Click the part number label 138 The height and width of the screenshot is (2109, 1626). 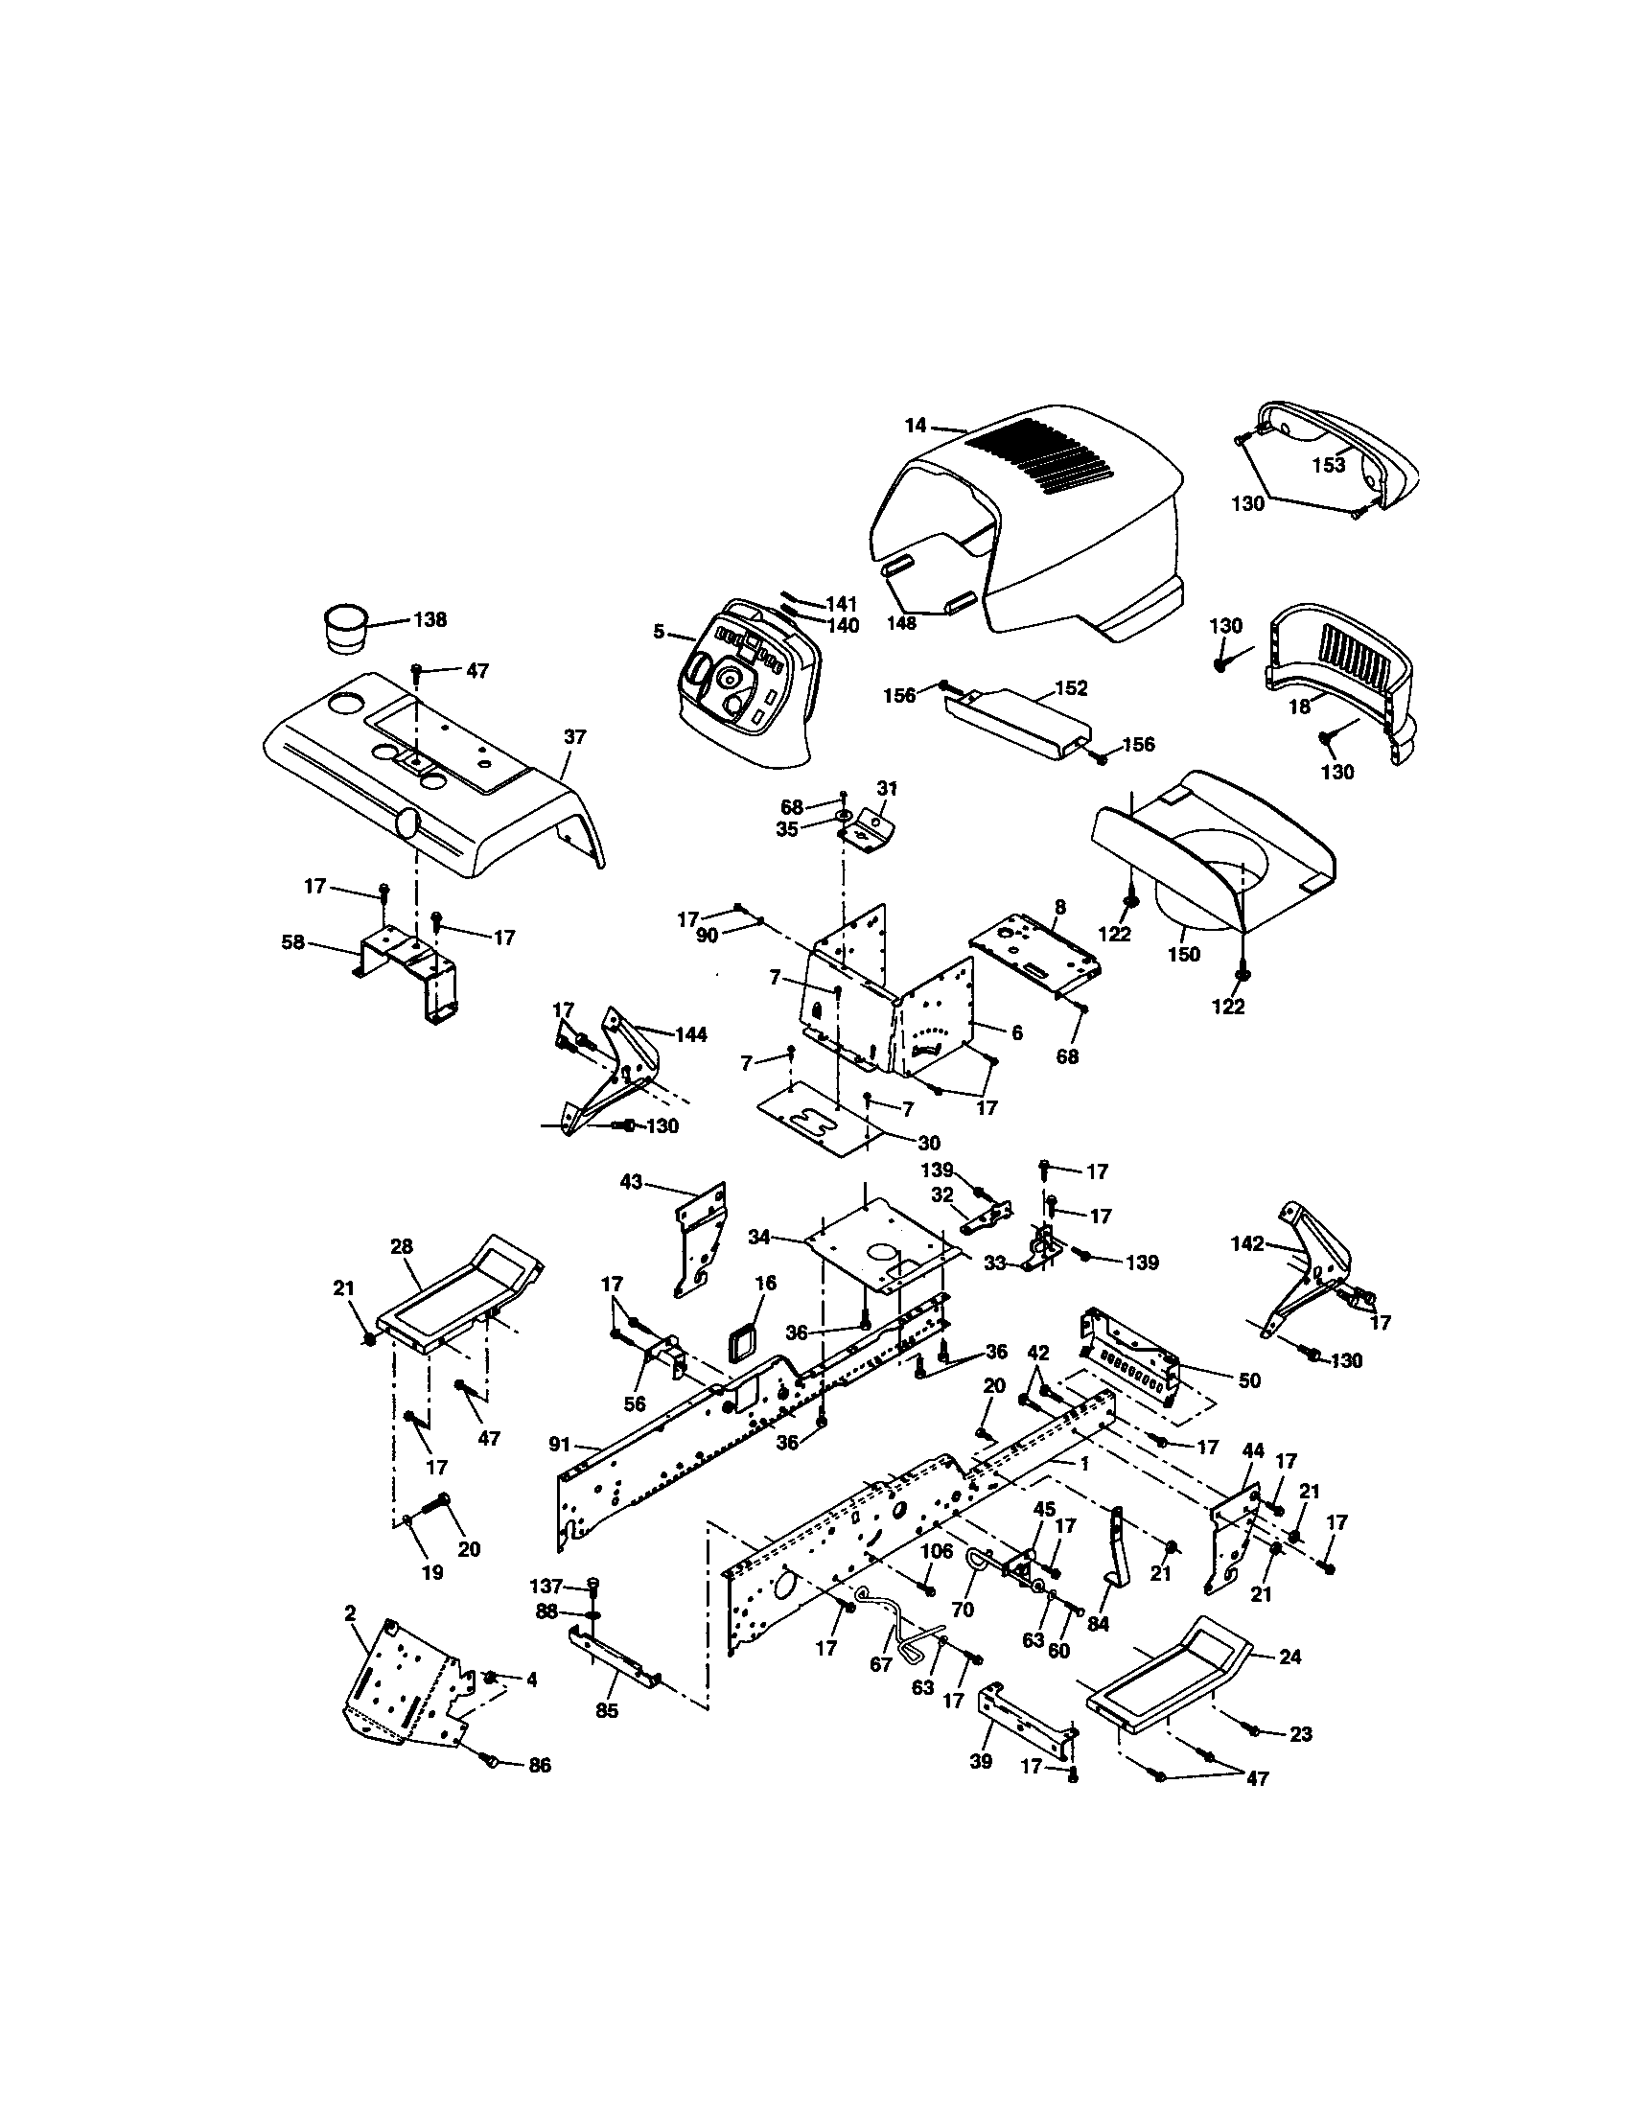[430, 620]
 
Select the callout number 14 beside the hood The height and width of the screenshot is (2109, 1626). [915, 425]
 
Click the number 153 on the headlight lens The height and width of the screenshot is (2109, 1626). [1328, 466]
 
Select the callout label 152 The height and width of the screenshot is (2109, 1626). [1071, 688]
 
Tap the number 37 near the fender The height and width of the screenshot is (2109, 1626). [574, 737]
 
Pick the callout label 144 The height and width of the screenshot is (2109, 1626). [690, 1035]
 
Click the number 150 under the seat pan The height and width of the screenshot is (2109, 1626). [1183, 954]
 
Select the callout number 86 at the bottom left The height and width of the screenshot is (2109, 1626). [539, 1765]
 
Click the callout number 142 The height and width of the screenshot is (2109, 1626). [1246, 1243]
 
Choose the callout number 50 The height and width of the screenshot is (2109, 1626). [1248, 1379]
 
